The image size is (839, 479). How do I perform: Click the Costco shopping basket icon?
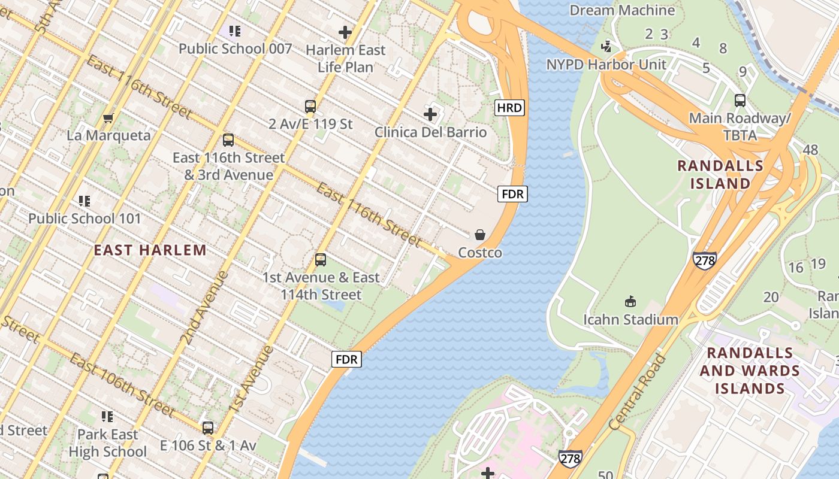tap(479, 235)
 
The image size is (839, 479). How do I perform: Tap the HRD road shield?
tap(509, 108)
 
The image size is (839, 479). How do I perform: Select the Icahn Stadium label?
tap(630, 319)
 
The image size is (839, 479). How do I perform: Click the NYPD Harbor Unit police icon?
tap(607, 46)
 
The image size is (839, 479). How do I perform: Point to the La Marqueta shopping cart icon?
tap(108, 118)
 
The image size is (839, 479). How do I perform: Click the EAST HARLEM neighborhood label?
tap(150, 250)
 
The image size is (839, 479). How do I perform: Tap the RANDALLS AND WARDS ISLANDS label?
tap(749, 371)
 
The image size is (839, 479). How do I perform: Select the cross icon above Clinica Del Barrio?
tap(430, 114)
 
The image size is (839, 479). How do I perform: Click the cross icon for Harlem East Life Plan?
tap(345, 32)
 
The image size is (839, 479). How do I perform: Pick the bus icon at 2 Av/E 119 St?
tap(310, 107)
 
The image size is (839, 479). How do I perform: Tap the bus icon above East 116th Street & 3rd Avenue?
tap(228, 140)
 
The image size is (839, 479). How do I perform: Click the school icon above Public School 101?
tap(84, 201)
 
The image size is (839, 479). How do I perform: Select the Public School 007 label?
tap(235, 49)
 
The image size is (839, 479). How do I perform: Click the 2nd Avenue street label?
tap(204, 308)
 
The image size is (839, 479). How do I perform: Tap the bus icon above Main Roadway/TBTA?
tap(740, 100)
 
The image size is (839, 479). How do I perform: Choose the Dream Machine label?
tap(622, 10)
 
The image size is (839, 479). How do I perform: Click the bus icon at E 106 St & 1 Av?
tap(208, 428)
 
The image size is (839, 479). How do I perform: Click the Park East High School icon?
tap(107, 416)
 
